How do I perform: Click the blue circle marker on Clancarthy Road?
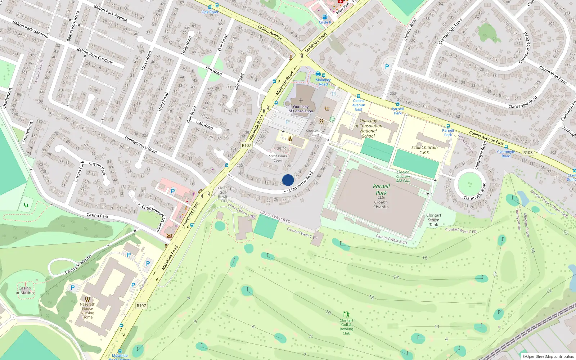coord(288,180)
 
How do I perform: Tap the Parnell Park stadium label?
coord(381,190)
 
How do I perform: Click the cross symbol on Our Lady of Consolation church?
coord(301,101)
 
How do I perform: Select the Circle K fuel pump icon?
coord(325,17)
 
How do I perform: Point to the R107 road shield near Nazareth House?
coord(141,306)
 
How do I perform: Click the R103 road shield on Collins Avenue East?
coord(528,153)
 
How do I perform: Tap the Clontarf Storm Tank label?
coord(433,220)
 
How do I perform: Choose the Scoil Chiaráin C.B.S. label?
coord(424,150)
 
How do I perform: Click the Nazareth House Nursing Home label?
coord(87,311)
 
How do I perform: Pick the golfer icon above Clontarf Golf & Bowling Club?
coord(346,314)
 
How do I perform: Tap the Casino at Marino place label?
coord(25,290)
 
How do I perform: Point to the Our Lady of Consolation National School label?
coord(368,129)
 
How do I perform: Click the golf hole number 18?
coord(372,297)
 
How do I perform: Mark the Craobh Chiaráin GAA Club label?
coord(403,176)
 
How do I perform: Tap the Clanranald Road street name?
coord(523,102)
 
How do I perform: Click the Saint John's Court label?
coord(278,158)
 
